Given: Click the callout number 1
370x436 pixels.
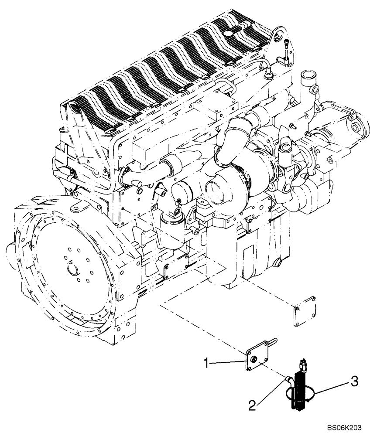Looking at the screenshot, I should (209, 361).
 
